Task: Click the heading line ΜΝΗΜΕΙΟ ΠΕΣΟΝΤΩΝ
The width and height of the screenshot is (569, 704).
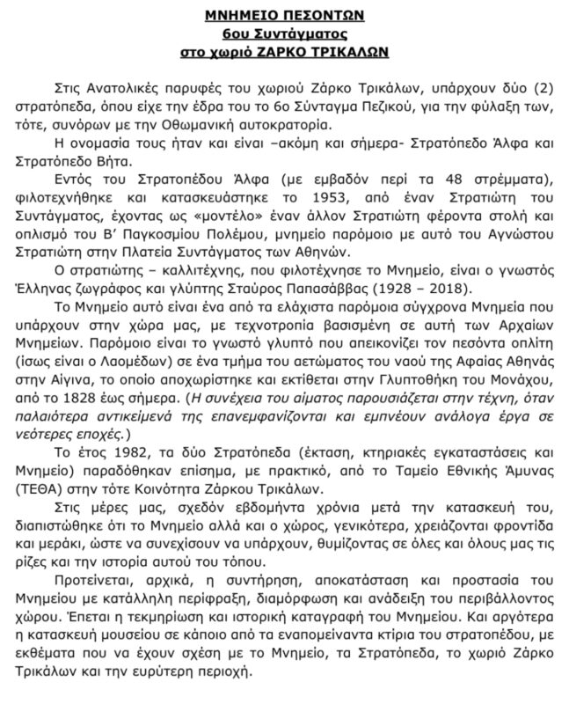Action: pyautogui.click(x=283, y=16)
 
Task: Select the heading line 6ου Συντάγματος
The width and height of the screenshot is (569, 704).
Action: pyautogui.click(x=283, y=34)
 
